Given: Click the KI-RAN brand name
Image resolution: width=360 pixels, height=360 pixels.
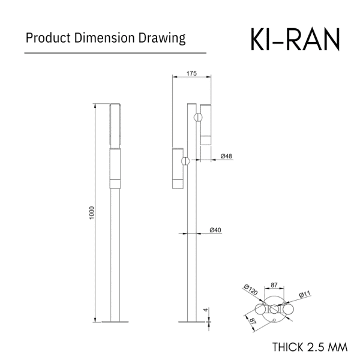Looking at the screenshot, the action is pyautogui.click(x=295, y=39).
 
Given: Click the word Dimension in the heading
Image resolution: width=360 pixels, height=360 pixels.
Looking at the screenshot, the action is pyautogui.click(x=104, y=38).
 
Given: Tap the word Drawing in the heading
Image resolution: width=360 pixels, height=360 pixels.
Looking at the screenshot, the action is pyautogui.click(x=162, y=38).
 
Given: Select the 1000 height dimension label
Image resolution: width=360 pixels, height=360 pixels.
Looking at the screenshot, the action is pyautogui.click(x=92, y=213).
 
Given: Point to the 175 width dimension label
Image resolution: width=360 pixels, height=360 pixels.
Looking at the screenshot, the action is pyautogui.click(x=191, y=73).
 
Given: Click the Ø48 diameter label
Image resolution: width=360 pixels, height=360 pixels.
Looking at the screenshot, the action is pyautogui.click(x=226, y=157).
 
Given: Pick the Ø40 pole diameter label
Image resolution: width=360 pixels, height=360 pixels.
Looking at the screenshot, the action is pyautogui.click(x=215, y=230).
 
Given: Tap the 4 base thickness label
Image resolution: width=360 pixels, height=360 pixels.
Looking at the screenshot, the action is pyautogui.click(x=206, y=310).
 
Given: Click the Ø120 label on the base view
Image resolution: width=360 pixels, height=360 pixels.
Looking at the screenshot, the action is pyautogui.click(x=251, y=290).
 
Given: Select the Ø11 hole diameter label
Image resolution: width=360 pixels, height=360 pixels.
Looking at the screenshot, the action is pyautogui.click(x=305, y=294).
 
